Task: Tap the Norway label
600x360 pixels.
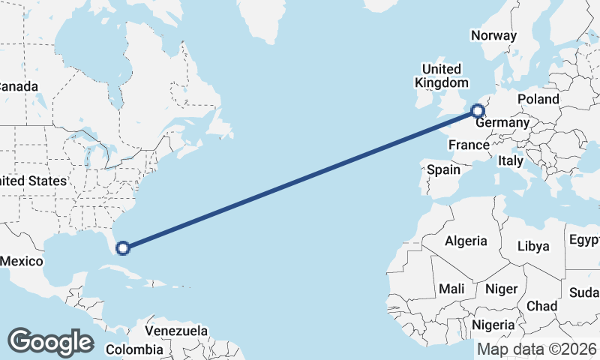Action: coord(493,35)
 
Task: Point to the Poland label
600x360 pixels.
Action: coord(538,99)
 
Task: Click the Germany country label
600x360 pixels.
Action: coord(502,123)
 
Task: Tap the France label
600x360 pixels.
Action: coord(469,145)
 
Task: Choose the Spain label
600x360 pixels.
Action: coord(443,169)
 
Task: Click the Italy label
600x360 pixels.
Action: coord(511,160)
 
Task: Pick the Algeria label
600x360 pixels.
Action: coord(466,241)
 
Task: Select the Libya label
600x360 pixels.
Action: coord(533,246)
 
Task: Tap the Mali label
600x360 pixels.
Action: coord(451,288)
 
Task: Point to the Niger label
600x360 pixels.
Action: coord(502,289)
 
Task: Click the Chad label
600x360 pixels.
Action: coord(541,306)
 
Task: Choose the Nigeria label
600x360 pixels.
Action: coord(493,325)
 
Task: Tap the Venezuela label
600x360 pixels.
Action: coord(176,330)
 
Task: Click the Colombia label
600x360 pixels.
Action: coord(133,349)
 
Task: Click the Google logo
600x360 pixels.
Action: coord(50,341)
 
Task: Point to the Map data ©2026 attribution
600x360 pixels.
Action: coord(537,349)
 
